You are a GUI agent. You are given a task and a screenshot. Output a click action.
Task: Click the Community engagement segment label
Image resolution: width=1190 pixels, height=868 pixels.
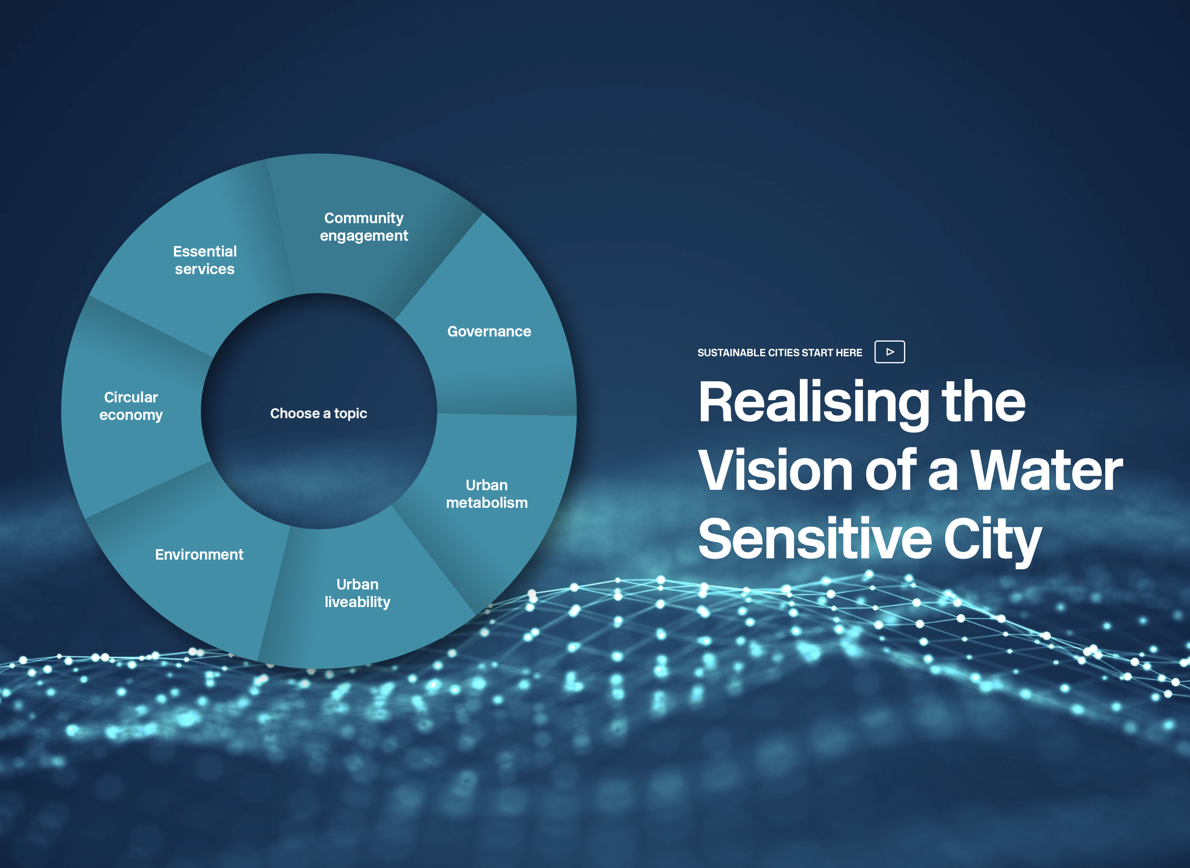(364, 227)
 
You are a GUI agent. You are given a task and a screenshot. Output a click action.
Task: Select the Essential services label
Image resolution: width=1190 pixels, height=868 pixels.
(205, 260)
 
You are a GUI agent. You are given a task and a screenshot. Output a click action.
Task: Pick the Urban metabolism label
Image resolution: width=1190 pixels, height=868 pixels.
(487, 494)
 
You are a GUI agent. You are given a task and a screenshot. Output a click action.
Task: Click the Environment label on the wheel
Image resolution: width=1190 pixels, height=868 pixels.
(199, 554)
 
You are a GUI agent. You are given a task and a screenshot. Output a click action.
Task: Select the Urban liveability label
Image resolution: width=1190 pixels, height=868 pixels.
(357, 593)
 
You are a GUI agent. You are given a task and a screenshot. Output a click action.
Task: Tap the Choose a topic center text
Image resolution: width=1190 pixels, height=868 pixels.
(319, 413)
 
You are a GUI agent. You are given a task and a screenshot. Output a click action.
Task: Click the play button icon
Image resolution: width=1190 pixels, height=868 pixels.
(889, 352)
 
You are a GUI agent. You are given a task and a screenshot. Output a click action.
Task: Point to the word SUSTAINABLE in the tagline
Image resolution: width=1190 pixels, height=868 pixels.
(731, 353)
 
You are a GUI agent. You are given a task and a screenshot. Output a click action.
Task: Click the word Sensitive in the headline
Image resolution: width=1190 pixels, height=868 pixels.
(815, 539)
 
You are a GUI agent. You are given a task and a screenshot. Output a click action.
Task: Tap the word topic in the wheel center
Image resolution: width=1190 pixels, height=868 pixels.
(351, 414)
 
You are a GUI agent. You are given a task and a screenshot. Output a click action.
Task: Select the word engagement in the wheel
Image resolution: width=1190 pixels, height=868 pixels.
(364, 236)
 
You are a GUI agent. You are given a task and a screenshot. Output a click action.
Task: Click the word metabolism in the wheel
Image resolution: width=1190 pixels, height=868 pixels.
(487, 503)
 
